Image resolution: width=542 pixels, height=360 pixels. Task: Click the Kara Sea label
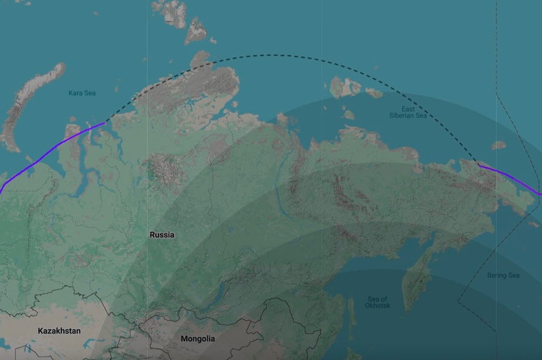[x=82, y=93]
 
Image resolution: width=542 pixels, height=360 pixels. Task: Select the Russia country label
[x=162, y=235]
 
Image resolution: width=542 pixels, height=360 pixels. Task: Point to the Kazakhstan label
[x=59, y=331]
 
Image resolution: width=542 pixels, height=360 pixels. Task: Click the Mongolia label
[x=198, y=339]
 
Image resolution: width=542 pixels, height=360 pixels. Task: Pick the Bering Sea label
[x=503, y=276]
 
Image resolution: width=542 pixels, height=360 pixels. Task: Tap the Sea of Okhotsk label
[x=378, y=302]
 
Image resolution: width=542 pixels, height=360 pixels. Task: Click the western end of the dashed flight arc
[x=105, y=123]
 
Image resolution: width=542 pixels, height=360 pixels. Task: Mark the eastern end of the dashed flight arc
[x=479, y=164]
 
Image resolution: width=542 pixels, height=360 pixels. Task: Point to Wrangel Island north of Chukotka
[x=498, y=145]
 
